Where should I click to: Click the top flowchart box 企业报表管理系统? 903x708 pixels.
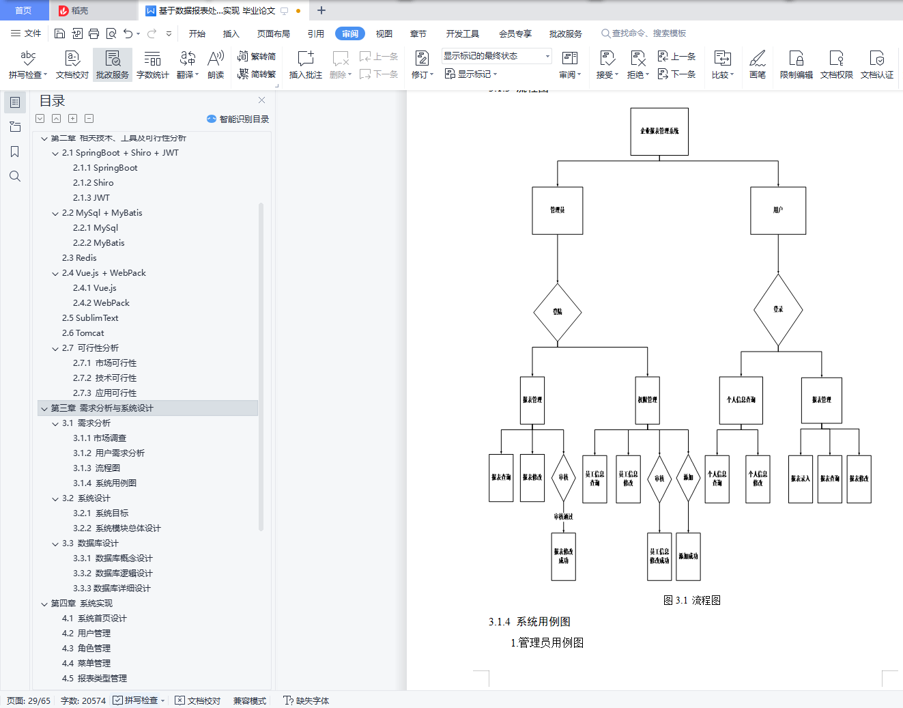pyautogui.click(x=659, y=132)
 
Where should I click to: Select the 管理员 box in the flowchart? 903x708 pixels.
pyautogui.click(x=558, y=211)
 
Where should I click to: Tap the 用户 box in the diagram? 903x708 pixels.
pyautogui.click(x=778, y=211)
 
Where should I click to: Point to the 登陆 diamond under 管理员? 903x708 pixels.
pyautogui.click(x=558, y=312)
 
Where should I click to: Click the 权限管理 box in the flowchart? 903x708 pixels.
pyautogui.click(x=647, y=400)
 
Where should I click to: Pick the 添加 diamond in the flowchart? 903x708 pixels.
pyautogui.click(x=688, y=478)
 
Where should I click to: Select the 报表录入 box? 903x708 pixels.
pyautogui.click(x=800, y=479)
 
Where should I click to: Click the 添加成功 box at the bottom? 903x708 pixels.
pyautogui.click(x=688, y=556)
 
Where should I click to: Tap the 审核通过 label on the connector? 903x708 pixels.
pyautogui.click(x=563, y=517)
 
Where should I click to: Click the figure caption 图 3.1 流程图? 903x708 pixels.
pyautogui.click(x=692, y=600)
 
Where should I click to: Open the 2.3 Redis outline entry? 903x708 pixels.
pyautogui.click(x=79, y=258)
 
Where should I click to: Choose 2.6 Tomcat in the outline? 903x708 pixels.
pyautogui.click(x=83, y=333)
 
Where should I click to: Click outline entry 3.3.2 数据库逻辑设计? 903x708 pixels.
pyautogui.click(x=113, y=574)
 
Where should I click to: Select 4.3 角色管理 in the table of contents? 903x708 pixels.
pyautogui.click(x=86, y=649)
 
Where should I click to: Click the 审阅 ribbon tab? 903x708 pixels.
pyautogui.click(x=350, y=33)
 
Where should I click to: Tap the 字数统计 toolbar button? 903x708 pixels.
pyautogui.click(x=152, y=65)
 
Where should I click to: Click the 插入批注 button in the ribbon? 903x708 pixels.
pyautogui.click(x=305, y=65)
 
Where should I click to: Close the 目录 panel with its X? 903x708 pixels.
pyautogui.click(x=261, y=100)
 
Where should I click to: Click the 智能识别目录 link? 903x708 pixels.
pyautogui.click(x=238, y=119)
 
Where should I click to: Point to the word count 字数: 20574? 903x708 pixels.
pyautogui.click(x=83, y=700)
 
